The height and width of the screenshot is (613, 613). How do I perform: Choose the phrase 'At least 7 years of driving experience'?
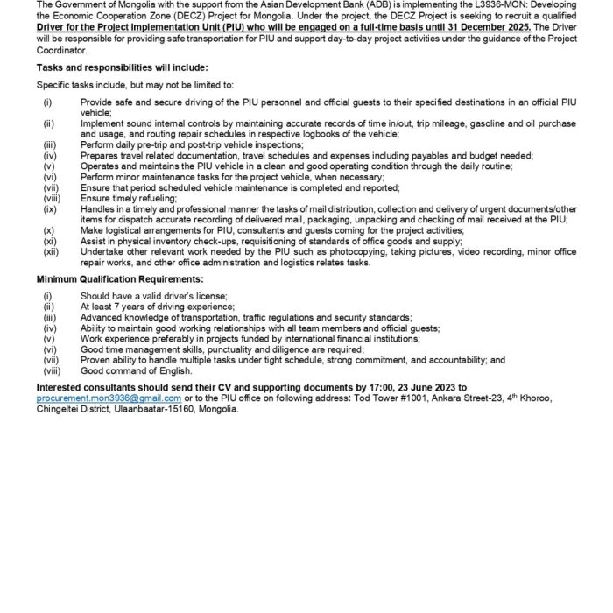[x=154, y=307]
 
